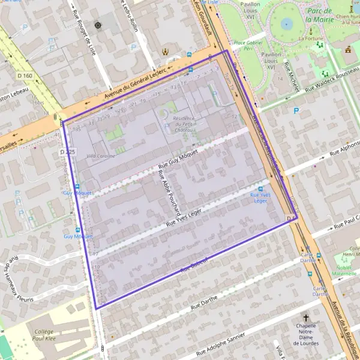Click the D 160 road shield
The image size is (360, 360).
tap(25, 76)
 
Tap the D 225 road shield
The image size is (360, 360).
tap(68, 153)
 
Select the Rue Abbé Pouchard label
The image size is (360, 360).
tap(169, 193)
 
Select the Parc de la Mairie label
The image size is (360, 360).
tap(320, 15)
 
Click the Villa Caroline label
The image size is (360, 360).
tap(100, 156)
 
